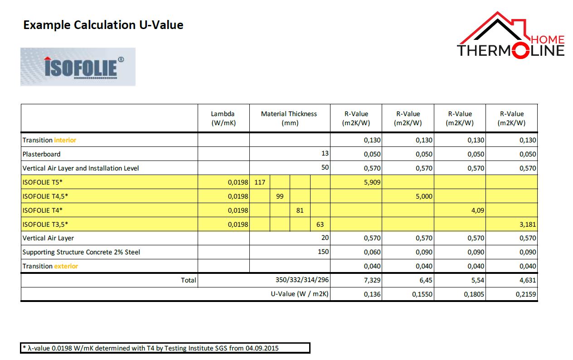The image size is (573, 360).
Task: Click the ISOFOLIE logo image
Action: coord(78,67)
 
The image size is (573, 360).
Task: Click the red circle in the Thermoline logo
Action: coord(521,50)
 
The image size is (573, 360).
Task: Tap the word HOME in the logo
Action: coord(548,39)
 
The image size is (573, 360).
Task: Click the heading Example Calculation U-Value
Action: coord(103,25)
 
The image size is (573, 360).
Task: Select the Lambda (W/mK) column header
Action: coord(223,118)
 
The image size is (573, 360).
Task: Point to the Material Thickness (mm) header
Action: coord(289,118)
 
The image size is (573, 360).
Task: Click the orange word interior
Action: coord(65,140)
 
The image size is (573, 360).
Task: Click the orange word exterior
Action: coord(66,266)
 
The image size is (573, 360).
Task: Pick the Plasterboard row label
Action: coord(41,154)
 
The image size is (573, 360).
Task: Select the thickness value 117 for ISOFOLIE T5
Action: coord(260,182)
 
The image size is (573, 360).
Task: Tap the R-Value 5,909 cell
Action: coord(372,182)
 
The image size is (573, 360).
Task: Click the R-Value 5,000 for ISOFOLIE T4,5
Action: coord(424,196)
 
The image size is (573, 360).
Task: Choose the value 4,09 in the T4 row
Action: coord(478,210)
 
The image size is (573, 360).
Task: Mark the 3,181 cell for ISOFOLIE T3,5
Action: coord(528,224)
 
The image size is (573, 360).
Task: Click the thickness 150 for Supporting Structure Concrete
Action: coord(323,252)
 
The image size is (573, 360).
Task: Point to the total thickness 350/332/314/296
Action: coord(302,280)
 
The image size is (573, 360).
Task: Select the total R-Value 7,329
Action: coord(372,280)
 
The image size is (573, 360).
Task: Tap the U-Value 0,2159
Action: coord(526,294)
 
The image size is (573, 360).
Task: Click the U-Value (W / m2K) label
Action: coord(300,294)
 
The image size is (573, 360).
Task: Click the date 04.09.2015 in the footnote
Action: coord(262,348)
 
